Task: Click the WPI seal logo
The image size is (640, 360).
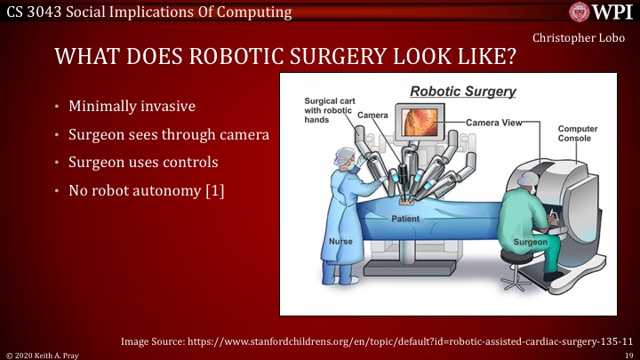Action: click(x=580, y=12)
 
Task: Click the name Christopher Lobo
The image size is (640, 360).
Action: click(x=579, y=38)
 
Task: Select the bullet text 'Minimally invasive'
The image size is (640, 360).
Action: click(x=132, y=106)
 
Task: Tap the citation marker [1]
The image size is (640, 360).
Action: click(x=215, y=190)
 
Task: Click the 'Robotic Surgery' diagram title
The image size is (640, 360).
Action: click(x=463, y=92)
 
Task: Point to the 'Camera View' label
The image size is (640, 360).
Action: click(x=494, y=123)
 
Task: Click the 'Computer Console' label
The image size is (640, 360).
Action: click(x=578, y=133)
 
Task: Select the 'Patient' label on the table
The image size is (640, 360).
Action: click(x=405, y=219)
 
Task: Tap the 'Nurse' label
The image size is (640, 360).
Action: click(x=340, y=242)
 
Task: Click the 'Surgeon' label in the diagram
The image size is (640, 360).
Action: click(x=530, y=242)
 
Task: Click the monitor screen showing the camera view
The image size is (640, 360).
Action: click(x=420, y=123)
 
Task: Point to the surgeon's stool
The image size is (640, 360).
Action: click(x=515, y=269)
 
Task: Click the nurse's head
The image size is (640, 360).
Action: click(x=345, y=158)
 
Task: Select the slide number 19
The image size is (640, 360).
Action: click(x=628, y=356)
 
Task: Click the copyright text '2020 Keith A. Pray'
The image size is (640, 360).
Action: click(x=46, y=356)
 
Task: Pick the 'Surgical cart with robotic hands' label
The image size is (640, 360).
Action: click(x=330, y=110)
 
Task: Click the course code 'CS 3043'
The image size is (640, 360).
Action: click(x=34, y=12)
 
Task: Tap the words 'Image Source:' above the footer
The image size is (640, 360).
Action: click(x=153, y=341)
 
